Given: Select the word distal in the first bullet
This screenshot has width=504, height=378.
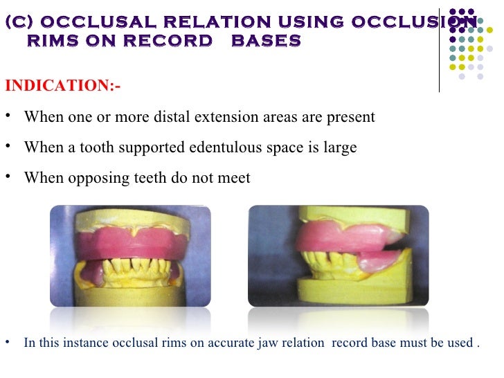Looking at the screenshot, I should pos(192,116).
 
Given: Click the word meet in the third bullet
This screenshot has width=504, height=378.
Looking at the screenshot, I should pos(233,178).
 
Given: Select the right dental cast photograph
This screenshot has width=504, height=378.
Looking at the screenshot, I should pos(338,256).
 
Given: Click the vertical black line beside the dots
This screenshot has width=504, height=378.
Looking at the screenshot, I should pos(440,48).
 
